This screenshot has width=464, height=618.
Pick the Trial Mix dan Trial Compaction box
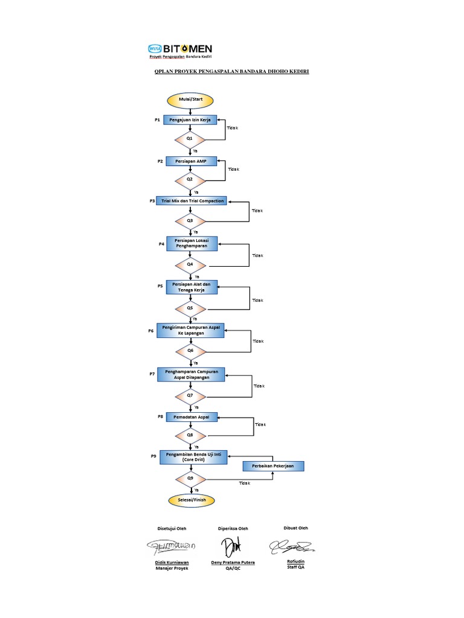192,200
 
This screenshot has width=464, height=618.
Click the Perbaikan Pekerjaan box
273,466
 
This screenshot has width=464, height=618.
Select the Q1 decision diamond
190,138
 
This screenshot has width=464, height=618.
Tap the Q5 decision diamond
190,308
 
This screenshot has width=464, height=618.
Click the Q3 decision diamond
190,221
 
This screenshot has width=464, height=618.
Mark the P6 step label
152,331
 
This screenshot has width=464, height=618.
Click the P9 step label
154,457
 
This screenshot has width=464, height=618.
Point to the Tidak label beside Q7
259,386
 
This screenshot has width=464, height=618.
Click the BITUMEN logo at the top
180,49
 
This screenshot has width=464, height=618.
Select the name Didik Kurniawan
173,562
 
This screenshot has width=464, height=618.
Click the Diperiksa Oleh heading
233,529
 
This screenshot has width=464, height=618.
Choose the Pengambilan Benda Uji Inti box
193,457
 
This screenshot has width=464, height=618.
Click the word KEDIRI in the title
297,72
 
